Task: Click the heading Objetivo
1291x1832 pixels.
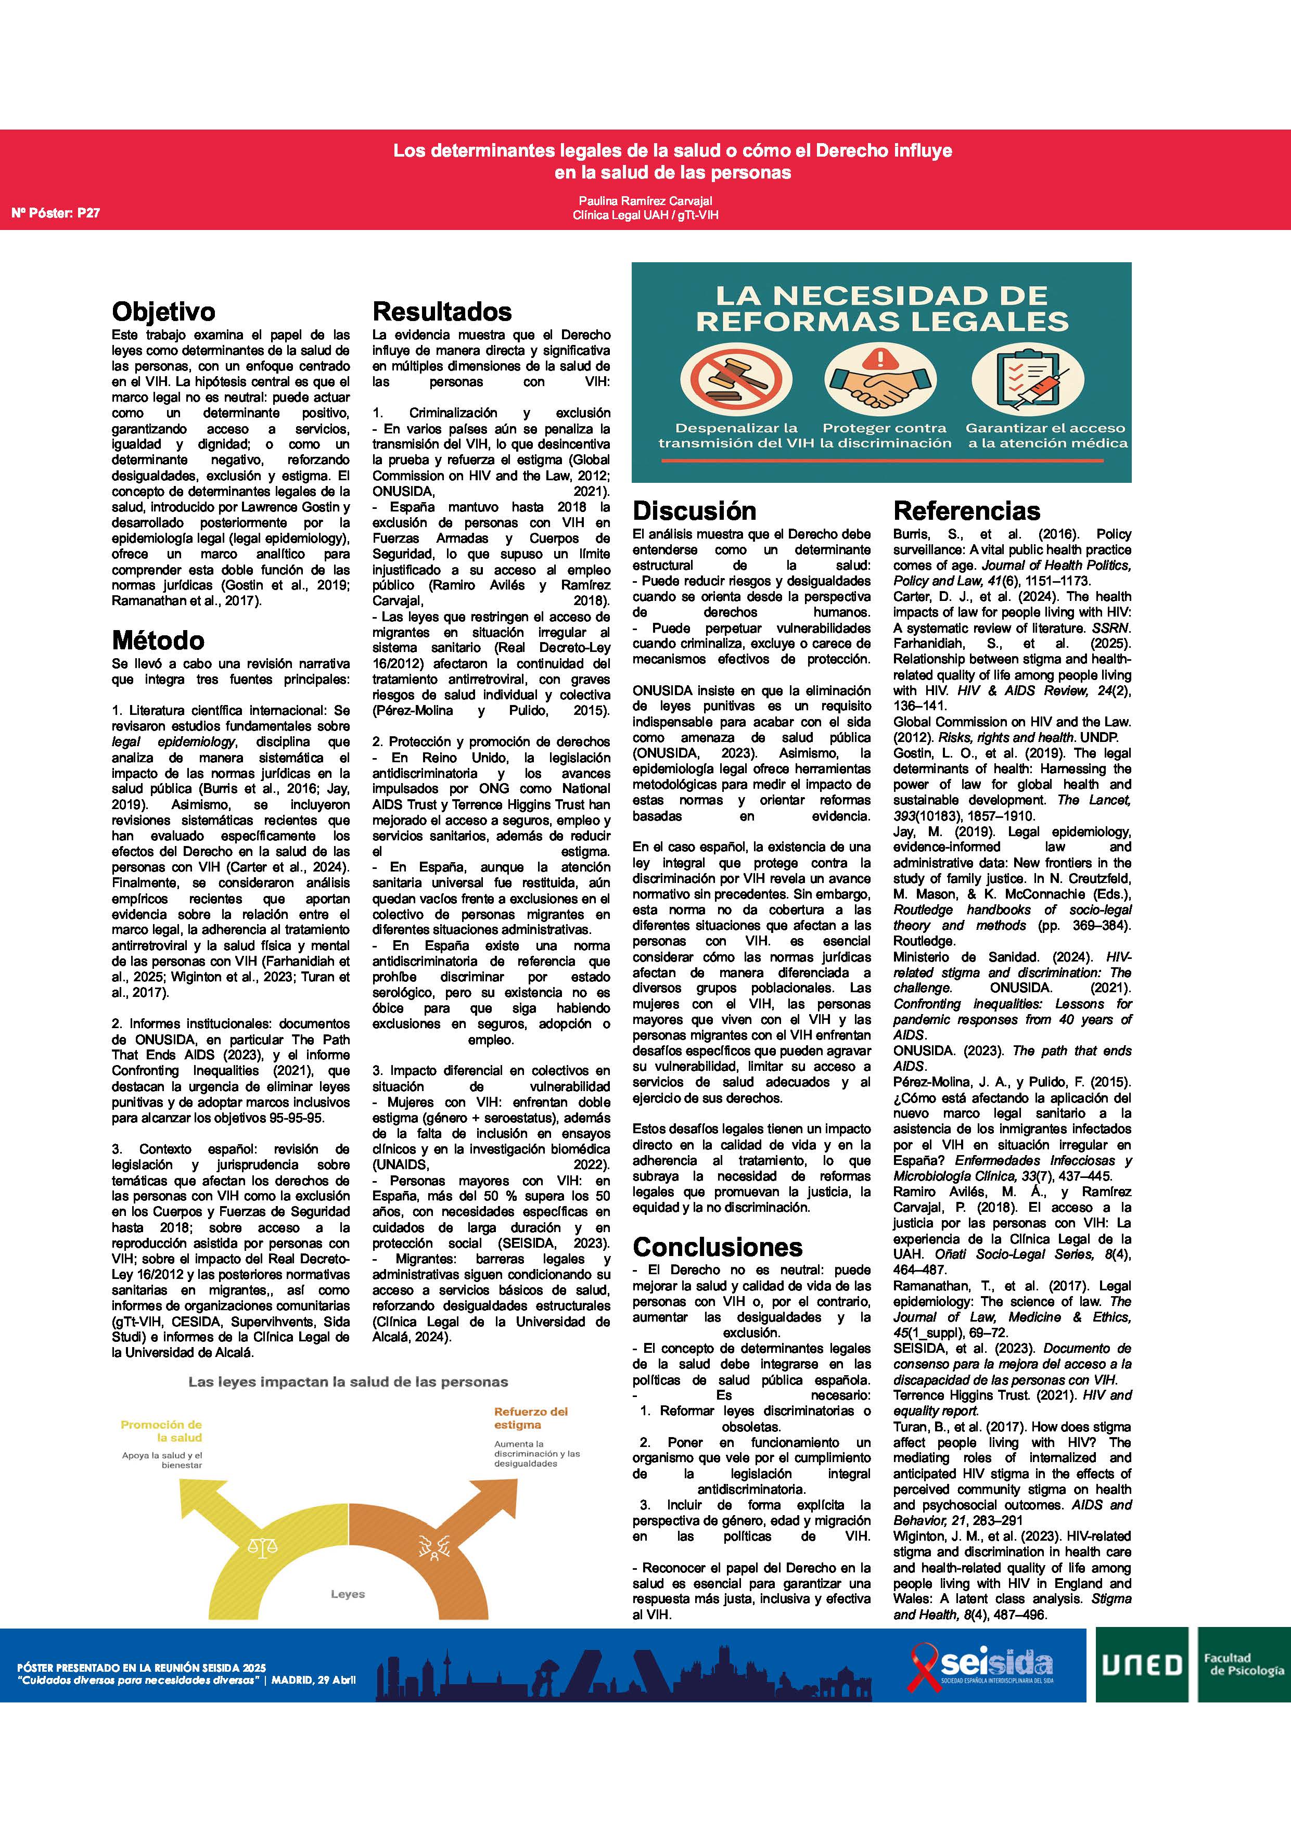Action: [163, 311]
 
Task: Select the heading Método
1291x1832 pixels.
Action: [158, 640]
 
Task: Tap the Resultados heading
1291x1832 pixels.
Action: [442, 311]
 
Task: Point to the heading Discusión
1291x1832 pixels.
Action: [694, 510]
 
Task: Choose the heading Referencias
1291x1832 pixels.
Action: [967, 510]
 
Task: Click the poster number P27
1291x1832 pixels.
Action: [56, 213]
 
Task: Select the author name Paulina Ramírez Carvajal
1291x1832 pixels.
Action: [645, 200]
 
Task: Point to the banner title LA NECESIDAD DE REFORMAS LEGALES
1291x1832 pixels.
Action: [881, 309]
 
